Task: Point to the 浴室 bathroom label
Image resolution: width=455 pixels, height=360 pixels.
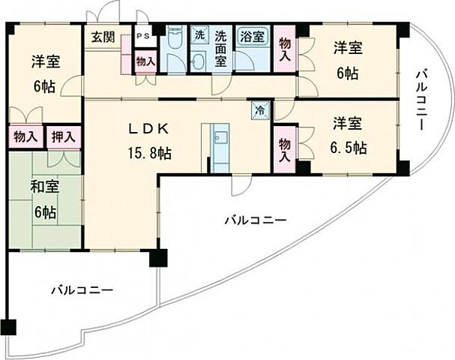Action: (x=250, y=36)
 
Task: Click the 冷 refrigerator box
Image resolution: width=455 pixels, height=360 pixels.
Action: (x=259, y=109)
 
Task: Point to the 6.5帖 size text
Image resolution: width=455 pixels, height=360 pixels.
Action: (x=350, y=146)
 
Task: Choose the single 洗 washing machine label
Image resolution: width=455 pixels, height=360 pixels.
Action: (x=199, y=34)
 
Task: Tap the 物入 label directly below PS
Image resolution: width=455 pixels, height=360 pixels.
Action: (x=145, y=61)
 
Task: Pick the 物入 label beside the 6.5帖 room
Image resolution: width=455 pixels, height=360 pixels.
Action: (x=285, y=149)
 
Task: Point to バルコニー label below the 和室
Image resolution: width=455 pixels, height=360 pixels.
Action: (x=82, y=289)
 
